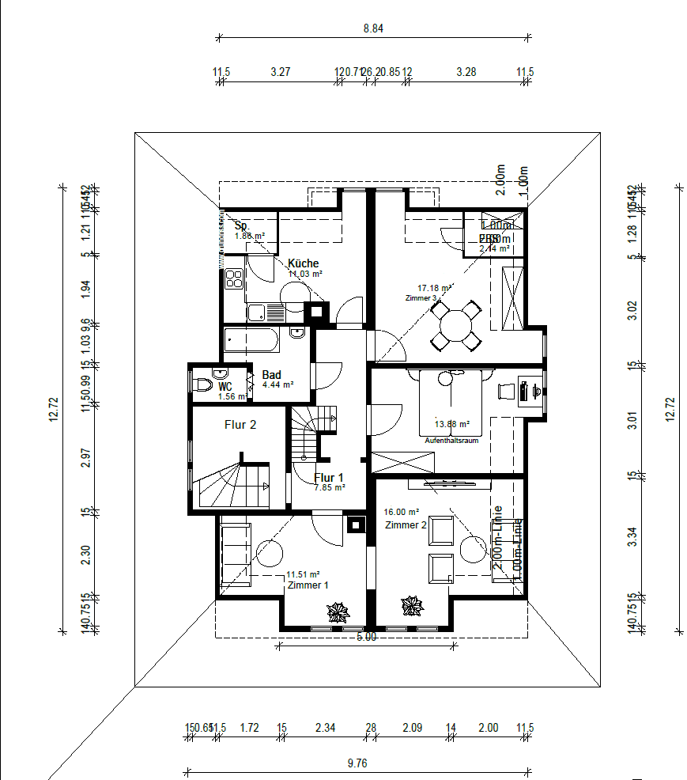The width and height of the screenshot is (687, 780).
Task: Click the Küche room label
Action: pos(304,263)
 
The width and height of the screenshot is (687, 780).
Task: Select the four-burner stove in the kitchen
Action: pos(234,278)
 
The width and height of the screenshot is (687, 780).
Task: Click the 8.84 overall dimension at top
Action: pos(373,28)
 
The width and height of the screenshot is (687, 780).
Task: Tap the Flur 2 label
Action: pos(240,425)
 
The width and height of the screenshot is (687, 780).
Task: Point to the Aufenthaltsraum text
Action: pos(451,441)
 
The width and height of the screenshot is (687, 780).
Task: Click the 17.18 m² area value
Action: pos(435,289)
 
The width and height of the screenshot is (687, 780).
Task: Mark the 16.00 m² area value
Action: pos(402,512)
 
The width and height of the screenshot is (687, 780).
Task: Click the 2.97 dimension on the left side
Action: pos(86,458)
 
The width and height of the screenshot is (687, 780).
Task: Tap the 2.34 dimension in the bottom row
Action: pos(325,727)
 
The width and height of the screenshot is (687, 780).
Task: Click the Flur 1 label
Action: pos(329,478)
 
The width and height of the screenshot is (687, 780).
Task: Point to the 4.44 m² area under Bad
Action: pos(278,385)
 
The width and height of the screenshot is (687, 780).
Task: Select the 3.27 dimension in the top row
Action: pos(281,72)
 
